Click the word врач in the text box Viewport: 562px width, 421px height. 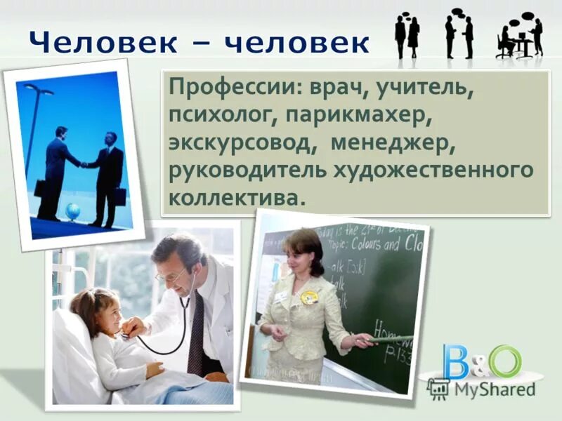pos(336,90)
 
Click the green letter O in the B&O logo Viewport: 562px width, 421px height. pos(504,361)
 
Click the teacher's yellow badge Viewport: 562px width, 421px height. pos(309,297)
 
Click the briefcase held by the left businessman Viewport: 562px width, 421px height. pos(40,187)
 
